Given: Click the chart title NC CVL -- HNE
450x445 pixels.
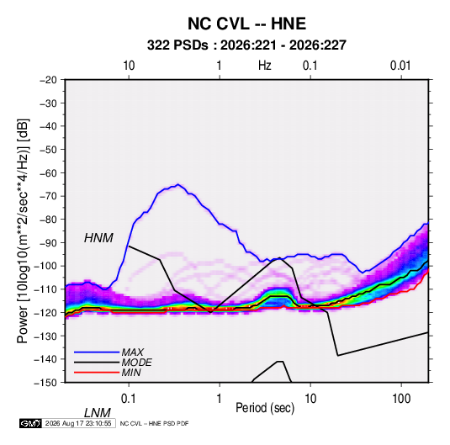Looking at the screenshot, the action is point(246,24).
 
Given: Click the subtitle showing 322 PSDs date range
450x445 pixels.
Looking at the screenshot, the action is point(246,45).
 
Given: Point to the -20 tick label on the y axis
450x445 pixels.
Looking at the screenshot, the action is point(48,80).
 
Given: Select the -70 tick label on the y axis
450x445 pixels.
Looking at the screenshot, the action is point(48,196).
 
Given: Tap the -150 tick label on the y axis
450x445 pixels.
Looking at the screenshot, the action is point(45,383).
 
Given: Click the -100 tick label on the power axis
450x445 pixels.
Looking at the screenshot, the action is point(45,266).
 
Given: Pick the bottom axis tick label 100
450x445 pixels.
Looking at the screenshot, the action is point(401,399).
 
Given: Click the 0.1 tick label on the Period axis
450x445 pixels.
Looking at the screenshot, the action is point(129,399).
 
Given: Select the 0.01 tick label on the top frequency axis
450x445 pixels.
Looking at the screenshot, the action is point(400,66).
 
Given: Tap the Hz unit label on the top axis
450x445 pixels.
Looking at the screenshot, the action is point(265,66).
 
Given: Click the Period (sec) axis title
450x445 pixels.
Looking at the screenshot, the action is point(265,408).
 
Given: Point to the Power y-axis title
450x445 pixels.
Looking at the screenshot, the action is point(23,231).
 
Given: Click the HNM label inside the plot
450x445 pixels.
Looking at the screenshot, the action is point(98,238).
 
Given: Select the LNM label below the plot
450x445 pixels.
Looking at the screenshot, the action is point(98,413).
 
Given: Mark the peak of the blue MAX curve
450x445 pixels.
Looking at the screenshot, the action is point(178,184).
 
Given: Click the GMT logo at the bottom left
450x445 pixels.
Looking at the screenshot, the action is point(31,423).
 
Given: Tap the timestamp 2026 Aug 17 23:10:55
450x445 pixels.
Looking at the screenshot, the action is point(78,423).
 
